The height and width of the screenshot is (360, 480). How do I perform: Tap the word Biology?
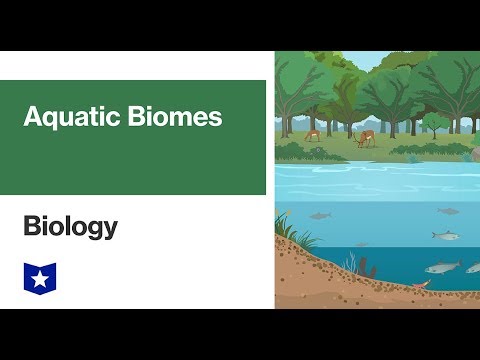[70, 228]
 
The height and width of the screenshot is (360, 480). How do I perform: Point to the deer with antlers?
[367, 139]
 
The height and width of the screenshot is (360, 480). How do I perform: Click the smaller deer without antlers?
[313, 134]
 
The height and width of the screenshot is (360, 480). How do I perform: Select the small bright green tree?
[434, 123]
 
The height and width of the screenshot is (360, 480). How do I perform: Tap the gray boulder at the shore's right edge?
[476, 153]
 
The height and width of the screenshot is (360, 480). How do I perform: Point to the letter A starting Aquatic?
[32, 117]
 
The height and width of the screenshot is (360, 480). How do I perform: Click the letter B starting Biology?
[30, 228]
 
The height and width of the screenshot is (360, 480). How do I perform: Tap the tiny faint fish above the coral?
[362, 244]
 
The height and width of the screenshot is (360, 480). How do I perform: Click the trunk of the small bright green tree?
[435, 133]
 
